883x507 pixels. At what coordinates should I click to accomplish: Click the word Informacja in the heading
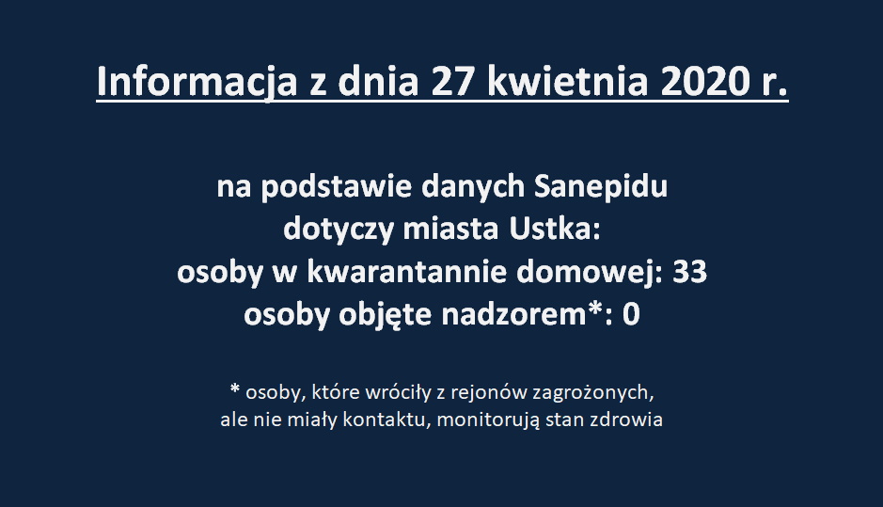click(x=197, y=83)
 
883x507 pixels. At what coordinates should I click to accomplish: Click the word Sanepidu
click(x=600, y=187)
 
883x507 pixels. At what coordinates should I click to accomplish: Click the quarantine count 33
click(x=690, y=273)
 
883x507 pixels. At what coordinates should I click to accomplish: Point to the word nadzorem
click(x=514, y=314)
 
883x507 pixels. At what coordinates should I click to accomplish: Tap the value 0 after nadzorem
click(x=631, y=315)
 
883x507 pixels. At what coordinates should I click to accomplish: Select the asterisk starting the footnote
click(x=235, y=389)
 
